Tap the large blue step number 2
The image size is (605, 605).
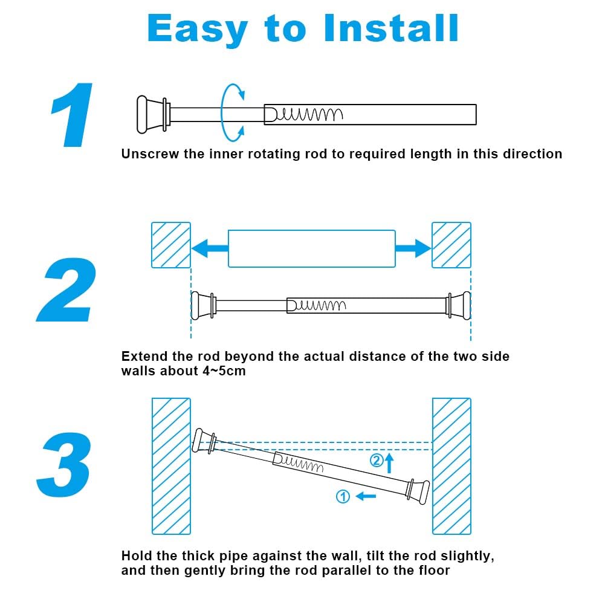pos(68,290)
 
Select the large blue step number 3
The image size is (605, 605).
pos(65,465)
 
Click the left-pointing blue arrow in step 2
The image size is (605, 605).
pos(209,248)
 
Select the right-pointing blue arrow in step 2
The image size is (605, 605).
pos(413,248)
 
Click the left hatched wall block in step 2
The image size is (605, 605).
pos(170,245)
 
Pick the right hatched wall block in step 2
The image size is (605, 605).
pos(451,245)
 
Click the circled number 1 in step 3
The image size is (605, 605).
pos(343,497)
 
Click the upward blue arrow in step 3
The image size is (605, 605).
pos(389,463)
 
